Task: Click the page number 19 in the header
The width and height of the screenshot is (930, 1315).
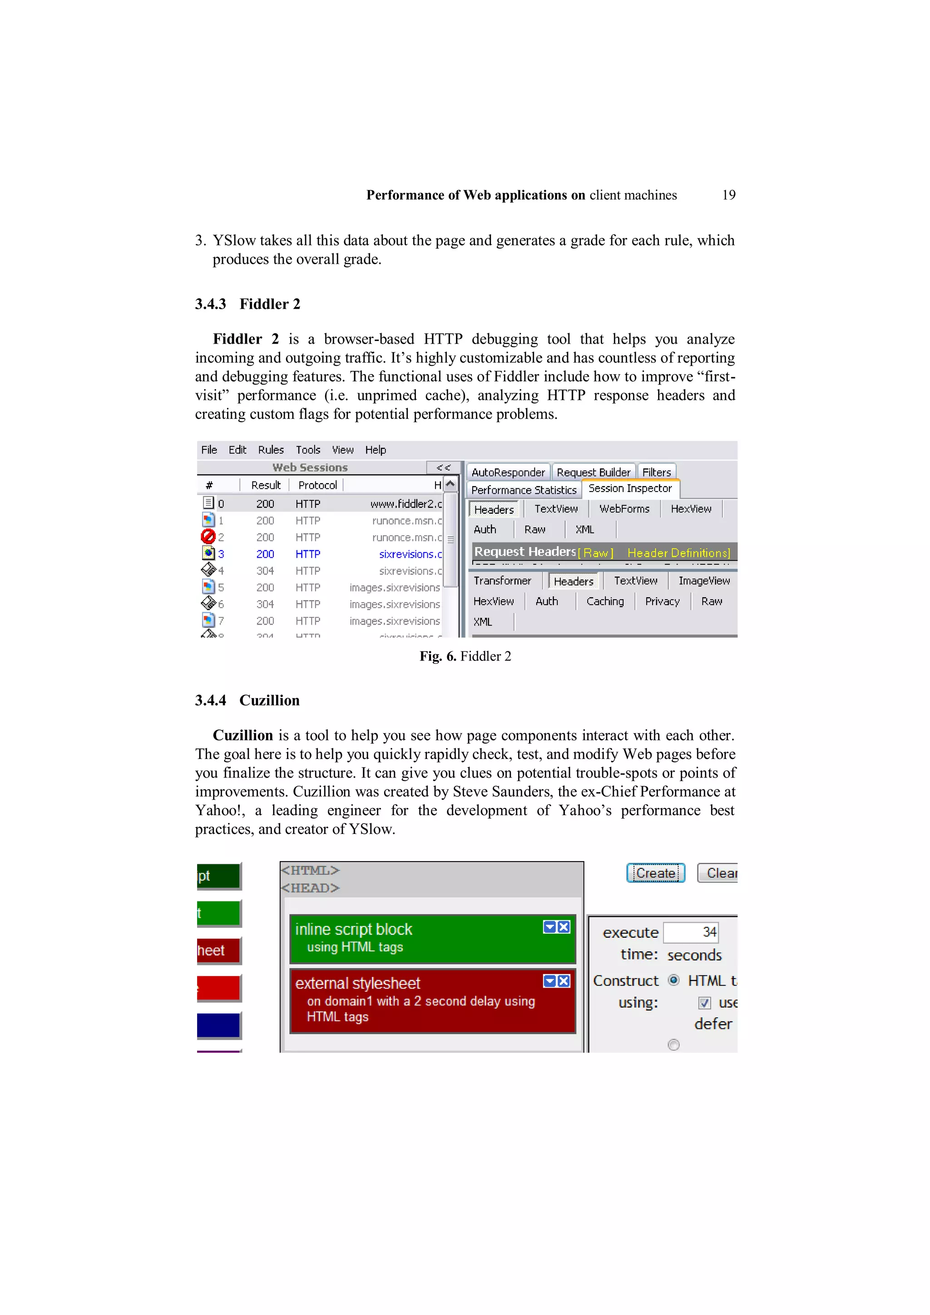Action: (728, 195)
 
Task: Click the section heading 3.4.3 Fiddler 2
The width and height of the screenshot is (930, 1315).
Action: (247, 304)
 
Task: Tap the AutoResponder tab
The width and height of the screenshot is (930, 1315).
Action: (508, 473)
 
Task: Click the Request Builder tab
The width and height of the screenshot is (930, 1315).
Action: (593, 473)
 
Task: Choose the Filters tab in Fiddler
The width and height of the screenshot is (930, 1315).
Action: (656, 473)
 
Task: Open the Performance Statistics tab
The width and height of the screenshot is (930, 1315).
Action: (523, 490)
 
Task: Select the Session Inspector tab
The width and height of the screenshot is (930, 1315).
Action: (630, 488)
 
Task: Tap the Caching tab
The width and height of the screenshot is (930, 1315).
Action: (604, 602)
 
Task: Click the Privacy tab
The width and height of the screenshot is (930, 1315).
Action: (662, 602)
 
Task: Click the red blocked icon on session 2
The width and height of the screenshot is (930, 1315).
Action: (208, 537)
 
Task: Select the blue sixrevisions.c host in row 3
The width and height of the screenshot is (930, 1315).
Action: (410, 554)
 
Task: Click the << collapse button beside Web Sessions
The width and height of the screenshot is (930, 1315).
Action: (443, 468)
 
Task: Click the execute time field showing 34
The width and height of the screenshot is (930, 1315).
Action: (691, 932)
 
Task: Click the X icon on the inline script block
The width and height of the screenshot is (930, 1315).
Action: (564, 927)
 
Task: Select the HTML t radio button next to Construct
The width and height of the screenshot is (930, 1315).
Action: (674, 980)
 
